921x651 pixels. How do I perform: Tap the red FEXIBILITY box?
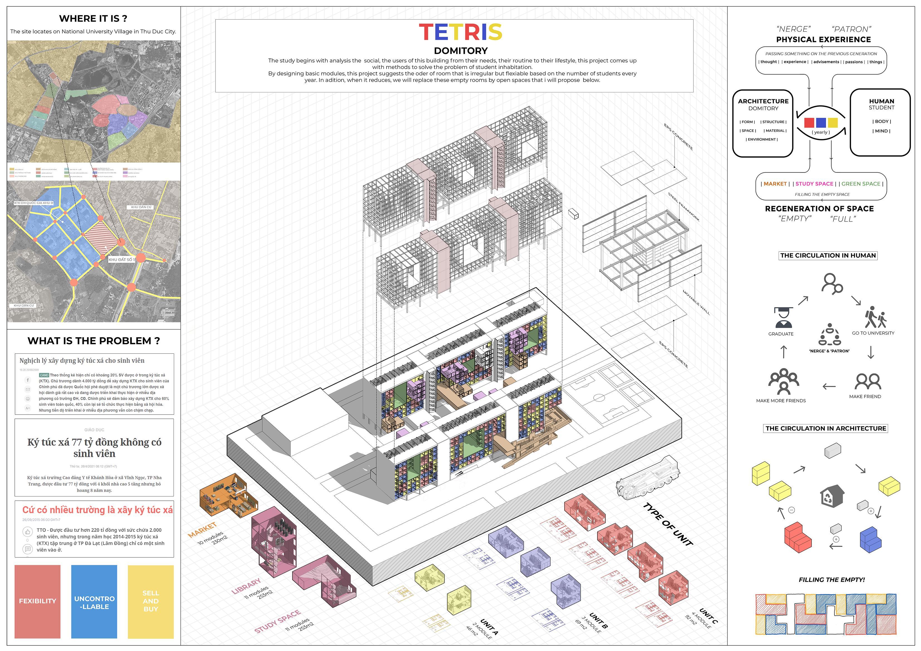click(x=37, y=601)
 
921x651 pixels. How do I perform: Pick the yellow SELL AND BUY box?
click(x=150, y=601)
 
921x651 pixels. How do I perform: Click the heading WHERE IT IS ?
click(x=93, y=18)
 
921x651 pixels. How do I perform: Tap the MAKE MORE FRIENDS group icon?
click(x=783, y=382)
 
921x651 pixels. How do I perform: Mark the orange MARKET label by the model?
click(x=202, y=530)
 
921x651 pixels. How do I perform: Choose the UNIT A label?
click(x=489, y=627)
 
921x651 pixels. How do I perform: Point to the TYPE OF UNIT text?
click(x=668, y=524)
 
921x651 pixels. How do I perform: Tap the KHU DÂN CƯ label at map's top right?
click(x=141, y=207)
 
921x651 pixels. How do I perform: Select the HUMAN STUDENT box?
click(x=881, y=122)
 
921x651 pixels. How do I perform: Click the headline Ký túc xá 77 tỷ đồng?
click(x=94, y=448)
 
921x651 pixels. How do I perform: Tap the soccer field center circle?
click(x=599, y=398)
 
